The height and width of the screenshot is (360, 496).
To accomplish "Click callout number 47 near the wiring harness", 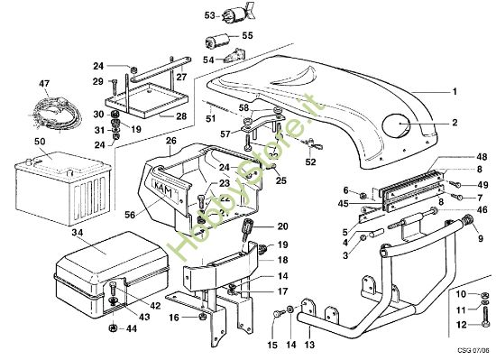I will [x=42, y=83].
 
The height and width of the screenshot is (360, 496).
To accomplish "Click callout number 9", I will [x=481, y=239].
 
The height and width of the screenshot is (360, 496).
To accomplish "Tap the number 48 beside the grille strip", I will [x=481, y=156].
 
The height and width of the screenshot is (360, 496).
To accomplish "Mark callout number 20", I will [x=281, y=226].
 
